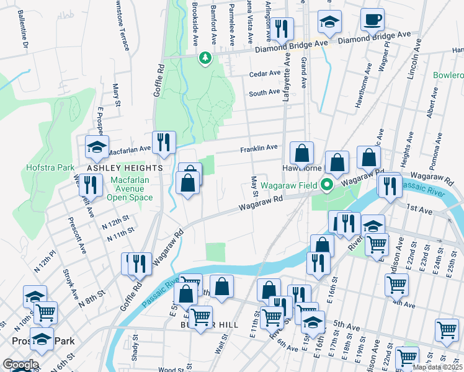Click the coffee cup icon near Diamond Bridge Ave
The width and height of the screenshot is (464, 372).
point(373,20)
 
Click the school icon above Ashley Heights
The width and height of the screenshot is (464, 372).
point(97,147)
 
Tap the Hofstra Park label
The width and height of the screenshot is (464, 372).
point(50,167)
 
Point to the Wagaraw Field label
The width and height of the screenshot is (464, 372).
point(288,185)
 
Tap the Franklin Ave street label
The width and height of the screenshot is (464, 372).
point(259,148)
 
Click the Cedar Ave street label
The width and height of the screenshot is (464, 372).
point(265,73)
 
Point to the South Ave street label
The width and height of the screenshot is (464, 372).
point(264,92)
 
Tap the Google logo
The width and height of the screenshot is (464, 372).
point(20,365)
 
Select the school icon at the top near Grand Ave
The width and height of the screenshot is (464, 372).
point(329,22)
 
